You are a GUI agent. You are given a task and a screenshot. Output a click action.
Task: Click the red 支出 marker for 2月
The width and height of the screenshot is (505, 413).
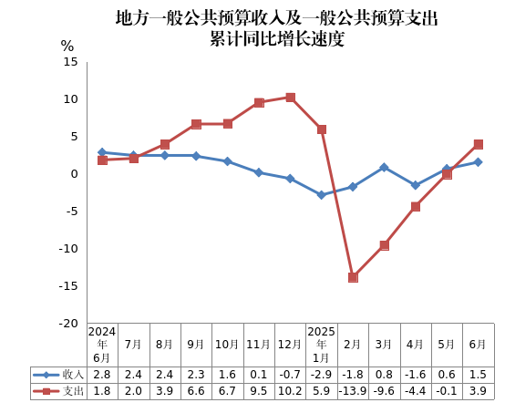click(353, 277)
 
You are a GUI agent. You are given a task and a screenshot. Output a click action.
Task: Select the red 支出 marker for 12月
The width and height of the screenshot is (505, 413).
click(290, 98)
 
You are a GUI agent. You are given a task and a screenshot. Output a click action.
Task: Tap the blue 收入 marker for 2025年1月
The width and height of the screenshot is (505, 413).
click(321, 195)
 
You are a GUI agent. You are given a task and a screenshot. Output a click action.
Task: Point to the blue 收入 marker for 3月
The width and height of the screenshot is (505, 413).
click(384, 168)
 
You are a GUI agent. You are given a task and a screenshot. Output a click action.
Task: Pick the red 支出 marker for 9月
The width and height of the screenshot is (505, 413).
click(196, 124)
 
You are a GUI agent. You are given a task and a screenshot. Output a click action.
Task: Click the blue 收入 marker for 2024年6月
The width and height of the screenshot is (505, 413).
click(102, 152)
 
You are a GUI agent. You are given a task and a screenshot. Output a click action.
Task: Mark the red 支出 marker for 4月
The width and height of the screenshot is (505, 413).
click(416, 207)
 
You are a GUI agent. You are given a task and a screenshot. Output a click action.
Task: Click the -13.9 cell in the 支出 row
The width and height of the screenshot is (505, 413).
click(353, 390)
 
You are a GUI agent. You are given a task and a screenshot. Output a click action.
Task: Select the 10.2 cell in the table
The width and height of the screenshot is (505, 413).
click(290, 390)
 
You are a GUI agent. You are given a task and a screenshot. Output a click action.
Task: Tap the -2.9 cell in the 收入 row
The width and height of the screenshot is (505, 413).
click(321, 374)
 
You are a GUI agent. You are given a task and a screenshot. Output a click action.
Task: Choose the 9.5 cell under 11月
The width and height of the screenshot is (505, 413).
click(259, 390)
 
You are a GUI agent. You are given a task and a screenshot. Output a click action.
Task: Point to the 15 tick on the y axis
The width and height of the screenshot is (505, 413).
click(71, 61)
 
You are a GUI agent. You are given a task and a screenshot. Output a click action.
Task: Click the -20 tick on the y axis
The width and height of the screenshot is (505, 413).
click(67, 324)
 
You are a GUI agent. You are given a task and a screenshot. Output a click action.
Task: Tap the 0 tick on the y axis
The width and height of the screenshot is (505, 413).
click(75, 173)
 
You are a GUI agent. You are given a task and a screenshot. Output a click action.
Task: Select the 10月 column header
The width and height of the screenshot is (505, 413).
click(227, 345)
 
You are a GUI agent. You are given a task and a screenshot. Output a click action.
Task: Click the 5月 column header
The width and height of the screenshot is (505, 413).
click(447, 345)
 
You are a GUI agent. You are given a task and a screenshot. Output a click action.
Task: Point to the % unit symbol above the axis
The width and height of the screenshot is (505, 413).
click(67, 45)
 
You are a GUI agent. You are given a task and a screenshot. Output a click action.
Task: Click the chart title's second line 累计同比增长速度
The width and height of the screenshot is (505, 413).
click(277, 38)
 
